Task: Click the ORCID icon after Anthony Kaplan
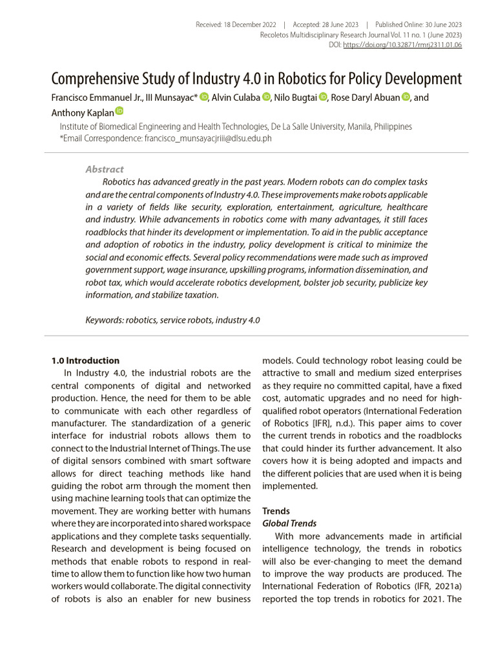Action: click(119, 111)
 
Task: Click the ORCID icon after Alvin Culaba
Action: click(266, 97)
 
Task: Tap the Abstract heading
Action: click(104, 169)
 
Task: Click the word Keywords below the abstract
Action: click(104, 320)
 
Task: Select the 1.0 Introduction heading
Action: click(85, 360)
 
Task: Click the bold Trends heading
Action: click(276, 511)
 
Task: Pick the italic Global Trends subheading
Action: click(289, 524)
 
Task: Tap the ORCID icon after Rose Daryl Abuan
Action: click(406, 97)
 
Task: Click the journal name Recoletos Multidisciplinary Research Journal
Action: click(321, 35)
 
